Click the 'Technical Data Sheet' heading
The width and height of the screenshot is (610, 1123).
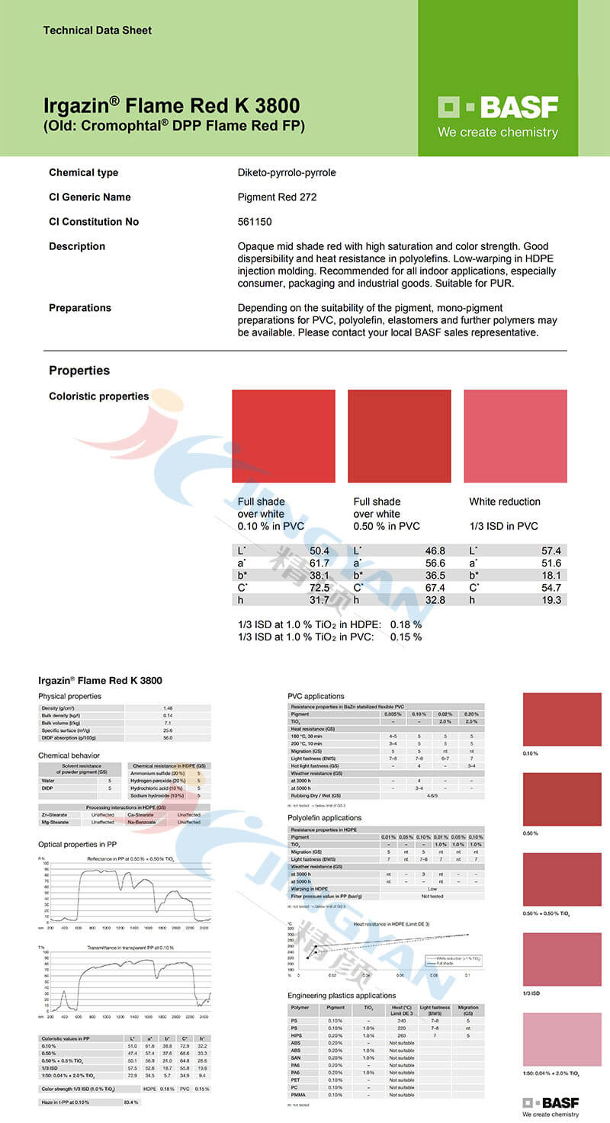(x=97, y=30)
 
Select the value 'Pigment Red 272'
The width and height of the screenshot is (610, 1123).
(x=275, y=197)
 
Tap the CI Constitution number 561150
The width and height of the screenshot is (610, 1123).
(x=255, y=222)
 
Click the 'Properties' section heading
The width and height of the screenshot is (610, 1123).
(x=79, y=371)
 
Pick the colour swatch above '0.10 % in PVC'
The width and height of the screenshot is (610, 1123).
(x=283, y=436)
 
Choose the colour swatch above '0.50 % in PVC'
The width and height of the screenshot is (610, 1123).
(x=399, y=436)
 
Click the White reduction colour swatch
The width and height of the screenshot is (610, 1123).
(x=515, y=436)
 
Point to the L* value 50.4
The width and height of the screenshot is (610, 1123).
(x=319, y=550)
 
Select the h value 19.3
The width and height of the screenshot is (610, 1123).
(x=551, y=600)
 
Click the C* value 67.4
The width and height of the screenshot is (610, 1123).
(x=435, y=588)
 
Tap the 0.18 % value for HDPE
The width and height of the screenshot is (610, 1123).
(x=406, y=625)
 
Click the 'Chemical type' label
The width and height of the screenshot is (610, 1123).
(x=83, y=172)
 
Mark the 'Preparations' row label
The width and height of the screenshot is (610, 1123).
(x=79, y=308)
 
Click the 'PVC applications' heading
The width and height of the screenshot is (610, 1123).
(x=316, y=696)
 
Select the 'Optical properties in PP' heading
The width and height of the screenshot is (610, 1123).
(x=77, y=844)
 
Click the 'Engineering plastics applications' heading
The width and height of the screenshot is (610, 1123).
(x=342, y=995)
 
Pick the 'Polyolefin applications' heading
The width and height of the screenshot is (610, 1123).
(x=324, y=818)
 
